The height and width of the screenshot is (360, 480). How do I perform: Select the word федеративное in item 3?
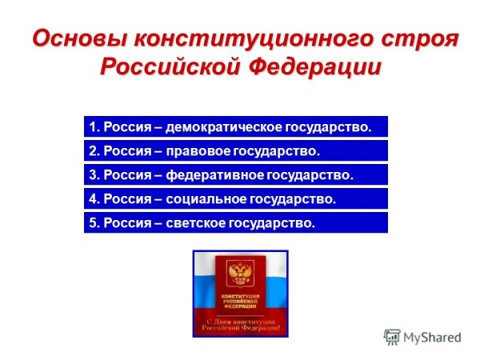click(217, 174)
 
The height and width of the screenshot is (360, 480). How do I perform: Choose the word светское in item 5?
click(198, 222)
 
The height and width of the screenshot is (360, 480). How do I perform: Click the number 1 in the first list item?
click(92, 126)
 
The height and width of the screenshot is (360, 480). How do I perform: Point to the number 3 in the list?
click(92, 174)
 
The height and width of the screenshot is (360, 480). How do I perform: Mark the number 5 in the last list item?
click(92, 222)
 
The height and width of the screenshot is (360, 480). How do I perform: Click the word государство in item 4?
click(295, 198)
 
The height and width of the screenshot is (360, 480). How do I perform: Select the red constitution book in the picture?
click(239, 287)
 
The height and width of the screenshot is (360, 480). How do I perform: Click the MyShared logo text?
click(433, 337)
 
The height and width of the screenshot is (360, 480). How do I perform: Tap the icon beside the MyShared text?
click(392, 337)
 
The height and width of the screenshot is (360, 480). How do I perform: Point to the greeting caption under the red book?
click(240, 325)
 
